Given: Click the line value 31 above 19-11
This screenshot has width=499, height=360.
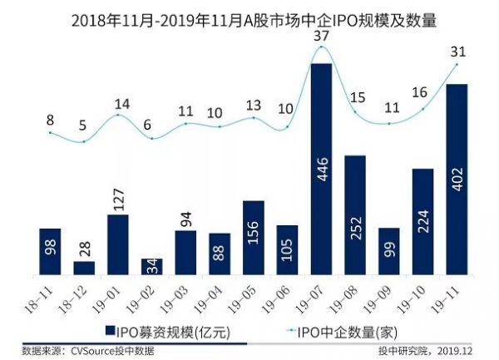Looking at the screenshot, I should coord(457,51).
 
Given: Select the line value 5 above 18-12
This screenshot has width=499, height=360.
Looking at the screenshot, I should coord(84,126).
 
